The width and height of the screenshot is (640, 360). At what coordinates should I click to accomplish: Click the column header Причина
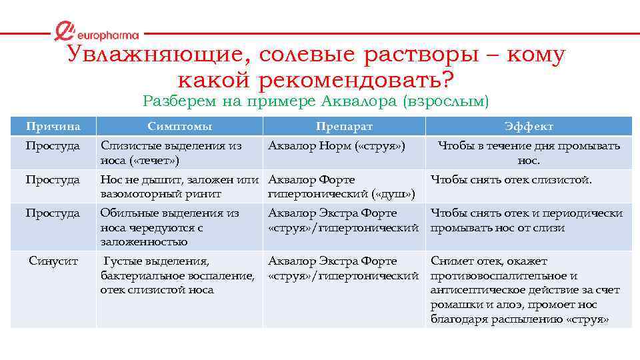[53, 126]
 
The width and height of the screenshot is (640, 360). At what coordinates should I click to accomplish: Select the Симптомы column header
[179, 126]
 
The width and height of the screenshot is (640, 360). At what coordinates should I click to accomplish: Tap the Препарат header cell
[344, 126]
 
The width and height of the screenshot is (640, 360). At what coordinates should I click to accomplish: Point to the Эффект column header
[529, 126]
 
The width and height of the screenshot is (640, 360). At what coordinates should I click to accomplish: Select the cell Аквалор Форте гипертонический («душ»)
[342, 187]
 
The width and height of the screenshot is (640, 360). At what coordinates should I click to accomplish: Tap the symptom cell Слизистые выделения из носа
[171, 153]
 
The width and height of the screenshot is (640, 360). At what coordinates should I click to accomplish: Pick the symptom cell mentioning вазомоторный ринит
[179, 187]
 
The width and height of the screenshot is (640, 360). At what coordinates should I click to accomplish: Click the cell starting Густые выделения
[177, 275]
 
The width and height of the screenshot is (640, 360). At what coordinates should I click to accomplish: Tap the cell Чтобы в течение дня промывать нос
[529, 153]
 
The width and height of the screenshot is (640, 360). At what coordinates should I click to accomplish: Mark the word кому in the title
[535, 55]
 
